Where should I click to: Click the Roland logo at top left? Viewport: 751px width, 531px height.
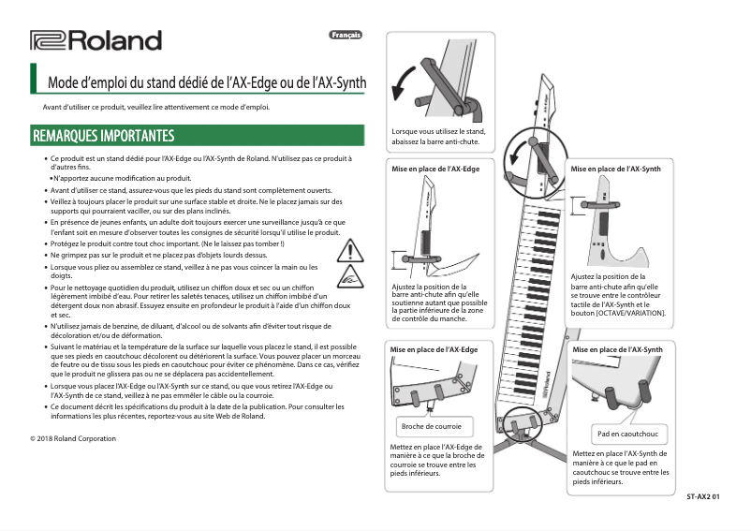(96, 40)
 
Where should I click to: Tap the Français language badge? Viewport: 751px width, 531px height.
(345, 36)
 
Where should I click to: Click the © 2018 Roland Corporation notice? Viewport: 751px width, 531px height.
(73, 437)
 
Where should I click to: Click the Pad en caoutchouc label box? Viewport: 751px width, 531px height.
(627, 434)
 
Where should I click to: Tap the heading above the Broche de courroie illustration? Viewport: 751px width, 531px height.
(434, 349)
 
